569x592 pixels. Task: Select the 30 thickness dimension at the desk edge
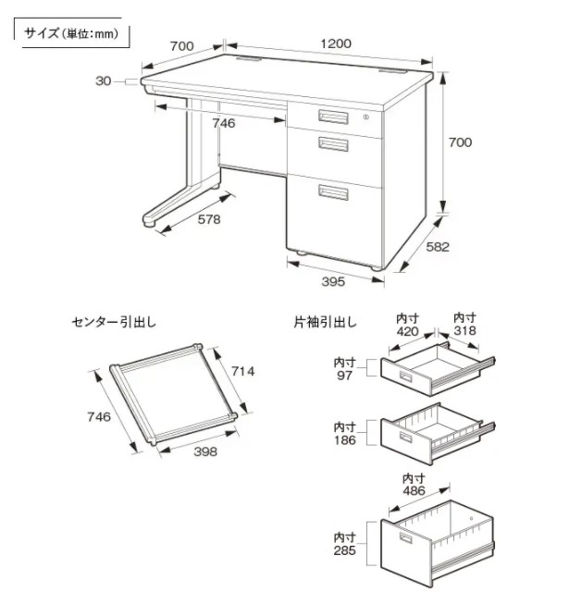pos(104,81)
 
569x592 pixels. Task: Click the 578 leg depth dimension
pos(208,220)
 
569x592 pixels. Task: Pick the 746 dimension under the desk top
pos(223,122)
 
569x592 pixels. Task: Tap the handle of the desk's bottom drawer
pos(333,192)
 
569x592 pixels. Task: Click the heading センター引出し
pos(114,323)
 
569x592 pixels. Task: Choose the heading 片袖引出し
pos(327,323)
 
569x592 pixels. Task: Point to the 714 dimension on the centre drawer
pos(242,372)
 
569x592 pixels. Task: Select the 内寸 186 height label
pos(345,433)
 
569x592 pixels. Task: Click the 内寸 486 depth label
pos(414,486)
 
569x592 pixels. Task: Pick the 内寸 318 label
pos(465,324)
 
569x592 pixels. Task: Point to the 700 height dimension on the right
pos(459,142)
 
